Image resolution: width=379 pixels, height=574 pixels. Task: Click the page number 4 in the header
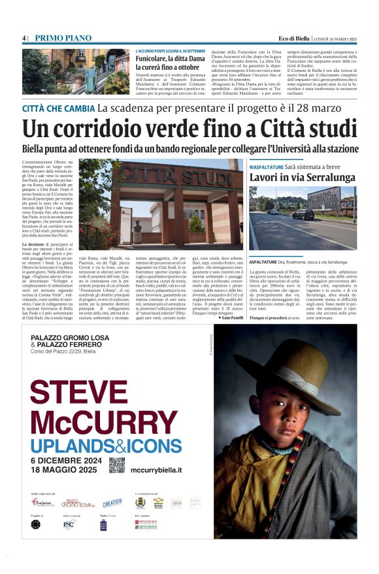(24, 37)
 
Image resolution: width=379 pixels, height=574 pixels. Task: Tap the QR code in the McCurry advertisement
(117, 465)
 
